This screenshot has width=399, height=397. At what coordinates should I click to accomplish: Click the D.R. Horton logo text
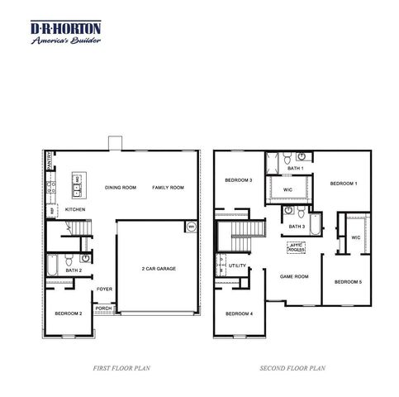click(x=66, y=27)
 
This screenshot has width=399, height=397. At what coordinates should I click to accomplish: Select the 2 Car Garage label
click(x=157, y=270)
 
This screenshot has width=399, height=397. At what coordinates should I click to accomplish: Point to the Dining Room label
click(x=121, y=188)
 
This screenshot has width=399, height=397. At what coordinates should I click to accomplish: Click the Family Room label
click(x=167, y=188)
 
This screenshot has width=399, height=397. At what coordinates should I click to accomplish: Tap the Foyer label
click(x=104, y=289)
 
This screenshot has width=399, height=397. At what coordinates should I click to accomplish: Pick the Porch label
click(x=103, y=308)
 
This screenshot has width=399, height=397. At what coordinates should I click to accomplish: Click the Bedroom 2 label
click(x=68, y=313)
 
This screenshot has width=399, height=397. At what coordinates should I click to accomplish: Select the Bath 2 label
click(x=74, y=270)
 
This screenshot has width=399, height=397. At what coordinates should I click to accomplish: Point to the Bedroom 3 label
click(x=239, y=180)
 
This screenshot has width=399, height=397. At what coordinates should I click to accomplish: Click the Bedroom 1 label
click(x=343, y=183)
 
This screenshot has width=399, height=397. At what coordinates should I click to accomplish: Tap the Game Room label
click(x=294, y=276)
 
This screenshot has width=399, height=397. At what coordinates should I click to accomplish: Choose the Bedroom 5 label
click(x=348, y=282)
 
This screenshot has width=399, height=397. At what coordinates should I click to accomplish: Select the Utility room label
click(x=238, y=265)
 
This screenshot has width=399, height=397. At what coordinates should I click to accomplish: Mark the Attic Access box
click(x=296, y=246)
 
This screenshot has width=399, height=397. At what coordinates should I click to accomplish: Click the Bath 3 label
click(x=297, y=226)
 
